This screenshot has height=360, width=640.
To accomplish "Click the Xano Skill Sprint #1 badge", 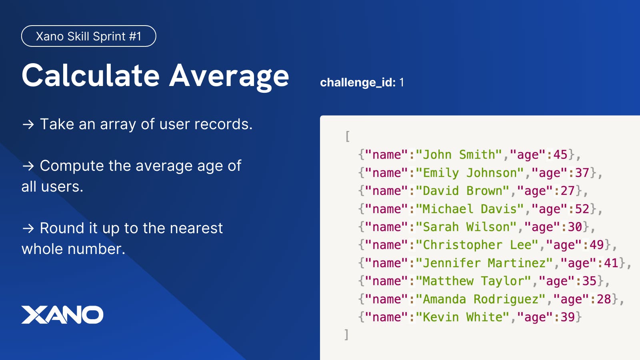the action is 88,36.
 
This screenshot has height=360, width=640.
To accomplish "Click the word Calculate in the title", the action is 90,76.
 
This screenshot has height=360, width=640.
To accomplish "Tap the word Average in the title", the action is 229,77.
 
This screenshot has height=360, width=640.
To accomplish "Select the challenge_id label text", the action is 358,82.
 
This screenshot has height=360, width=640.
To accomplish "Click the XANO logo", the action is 62,314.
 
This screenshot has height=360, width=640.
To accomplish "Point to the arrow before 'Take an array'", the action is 28,124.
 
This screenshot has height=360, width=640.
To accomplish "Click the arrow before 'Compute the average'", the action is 28,166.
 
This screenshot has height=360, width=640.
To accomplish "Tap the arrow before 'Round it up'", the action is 28,228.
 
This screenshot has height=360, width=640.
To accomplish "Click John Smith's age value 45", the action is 560,154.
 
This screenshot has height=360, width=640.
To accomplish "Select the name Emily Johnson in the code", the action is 470,173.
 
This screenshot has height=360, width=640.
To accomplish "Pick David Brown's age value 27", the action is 568,191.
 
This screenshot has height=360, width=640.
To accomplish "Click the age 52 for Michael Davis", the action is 582,209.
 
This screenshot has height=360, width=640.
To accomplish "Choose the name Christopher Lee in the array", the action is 477,245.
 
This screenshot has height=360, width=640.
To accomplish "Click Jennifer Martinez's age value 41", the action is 611,263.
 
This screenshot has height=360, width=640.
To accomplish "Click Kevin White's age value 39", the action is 568,317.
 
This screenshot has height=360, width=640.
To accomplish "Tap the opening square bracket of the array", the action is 348,136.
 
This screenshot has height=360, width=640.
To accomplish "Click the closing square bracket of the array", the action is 346,334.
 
